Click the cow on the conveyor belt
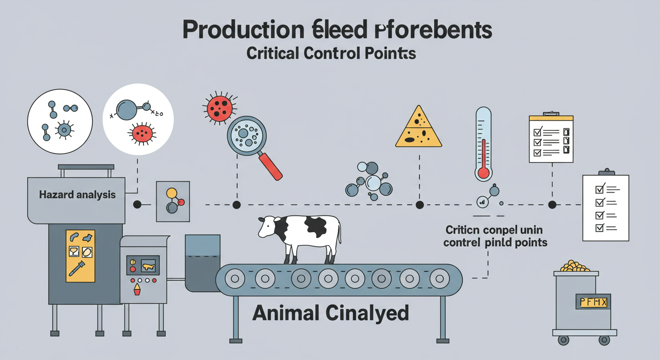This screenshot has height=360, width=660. click(x=300, y=234)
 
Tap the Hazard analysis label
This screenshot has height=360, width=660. click(x=77, y=195)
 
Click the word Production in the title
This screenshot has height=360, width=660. click(x=242, y=30)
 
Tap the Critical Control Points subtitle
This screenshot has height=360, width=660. click(x=331, y=53)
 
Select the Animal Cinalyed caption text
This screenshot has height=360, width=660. click(x=330, y=313)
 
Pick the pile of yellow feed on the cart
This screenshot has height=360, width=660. click(x=575, y=266)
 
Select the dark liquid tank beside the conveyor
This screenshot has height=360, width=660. click(x=202, y=262)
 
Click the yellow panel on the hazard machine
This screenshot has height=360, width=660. click(x=80, y=255)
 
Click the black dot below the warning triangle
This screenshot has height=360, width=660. click(x=420, y=205)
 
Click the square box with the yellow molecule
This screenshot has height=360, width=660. click(x=172, y=201)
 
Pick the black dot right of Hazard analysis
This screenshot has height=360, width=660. click(x=137, y=205)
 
